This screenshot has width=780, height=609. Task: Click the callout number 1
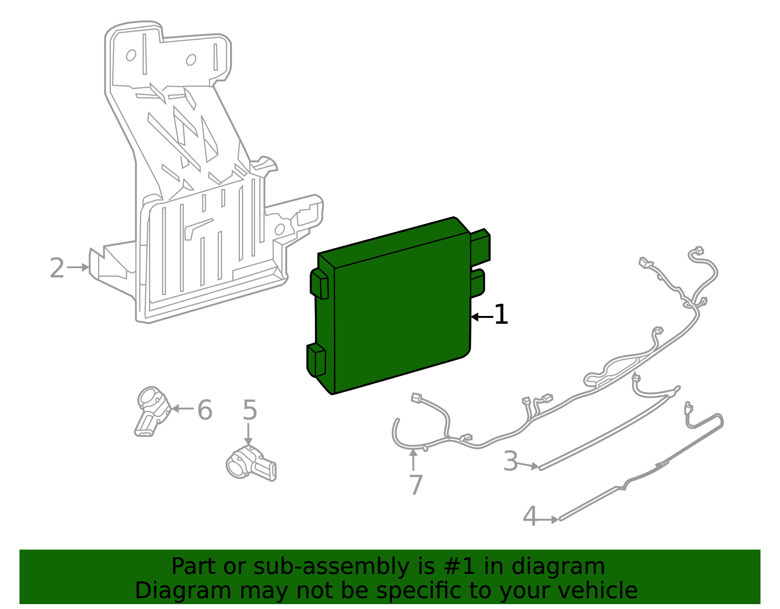point(501,314)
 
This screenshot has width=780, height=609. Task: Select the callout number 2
point(57,268)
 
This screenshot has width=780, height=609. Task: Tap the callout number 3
point(510,461)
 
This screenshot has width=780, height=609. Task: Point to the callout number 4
point(530,516)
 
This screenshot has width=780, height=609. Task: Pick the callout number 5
point(250,410)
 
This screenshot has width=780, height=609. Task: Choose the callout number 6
point(205,410)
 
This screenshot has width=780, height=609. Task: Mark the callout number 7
point(416,485)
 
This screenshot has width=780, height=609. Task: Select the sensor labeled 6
point(153,411)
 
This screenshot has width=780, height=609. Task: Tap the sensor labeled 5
point(251,463)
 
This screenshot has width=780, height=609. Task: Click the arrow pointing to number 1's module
point(482,317)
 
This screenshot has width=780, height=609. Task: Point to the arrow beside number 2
point(78,267)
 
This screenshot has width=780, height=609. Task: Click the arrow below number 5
point(248,434)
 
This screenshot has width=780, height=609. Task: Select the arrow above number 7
point(413,460)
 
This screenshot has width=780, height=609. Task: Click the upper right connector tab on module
point(480,246)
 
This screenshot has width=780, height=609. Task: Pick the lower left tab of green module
point(316,360)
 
